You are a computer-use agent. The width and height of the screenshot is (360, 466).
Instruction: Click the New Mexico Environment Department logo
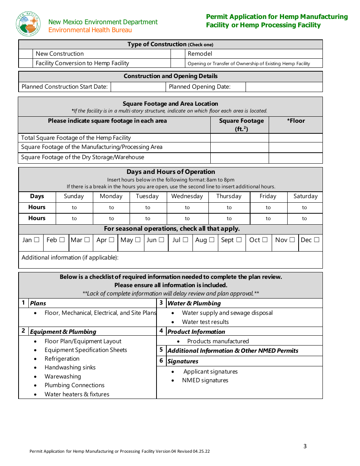[28, 23]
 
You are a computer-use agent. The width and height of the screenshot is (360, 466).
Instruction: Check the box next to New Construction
[26, 54]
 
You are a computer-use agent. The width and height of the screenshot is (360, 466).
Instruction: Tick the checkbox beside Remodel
[178, 54]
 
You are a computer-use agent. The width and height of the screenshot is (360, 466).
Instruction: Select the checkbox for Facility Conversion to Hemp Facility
[26, 63]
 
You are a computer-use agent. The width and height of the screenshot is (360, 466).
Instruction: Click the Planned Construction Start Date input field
[138, 87]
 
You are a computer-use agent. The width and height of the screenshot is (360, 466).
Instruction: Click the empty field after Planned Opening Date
[284, 87]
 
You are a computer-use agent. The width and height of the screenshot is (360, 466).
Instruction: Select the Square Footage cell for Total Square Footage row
[239, 138]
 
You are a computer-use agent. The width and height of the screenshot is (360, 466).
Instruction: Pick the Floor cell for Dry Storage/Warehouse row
[296, 158]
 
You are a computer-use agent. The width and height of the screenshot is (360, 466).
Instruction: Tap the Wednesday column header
[187, 196]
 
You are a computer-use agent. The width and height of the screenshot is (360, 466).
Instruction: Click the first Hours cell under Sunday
[74, 207]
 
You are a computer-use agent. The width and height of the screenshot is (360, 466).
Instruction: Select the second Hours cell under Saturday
[305, 218]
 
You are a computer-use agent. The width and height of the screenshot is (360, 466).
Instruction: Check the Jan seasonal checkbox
[37, 240]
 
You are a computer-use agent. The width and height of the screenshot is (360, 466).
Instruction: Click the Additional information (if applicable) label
[70, 258]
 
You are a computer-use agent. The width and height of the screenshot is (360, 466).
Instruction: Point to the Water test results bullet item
[205, 322]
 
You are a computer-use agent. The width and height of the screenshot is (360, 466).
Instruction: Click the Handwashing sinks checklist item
[70, 367]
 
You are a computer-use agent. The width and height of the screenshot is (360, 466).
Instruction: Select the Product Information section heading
[196, 332]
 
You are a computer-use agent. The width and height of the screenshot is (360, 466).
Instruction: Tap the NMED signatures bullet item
[205, 380]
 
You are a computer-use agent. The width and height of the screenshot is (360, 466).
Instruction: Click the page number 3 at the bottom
[305, 446]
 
